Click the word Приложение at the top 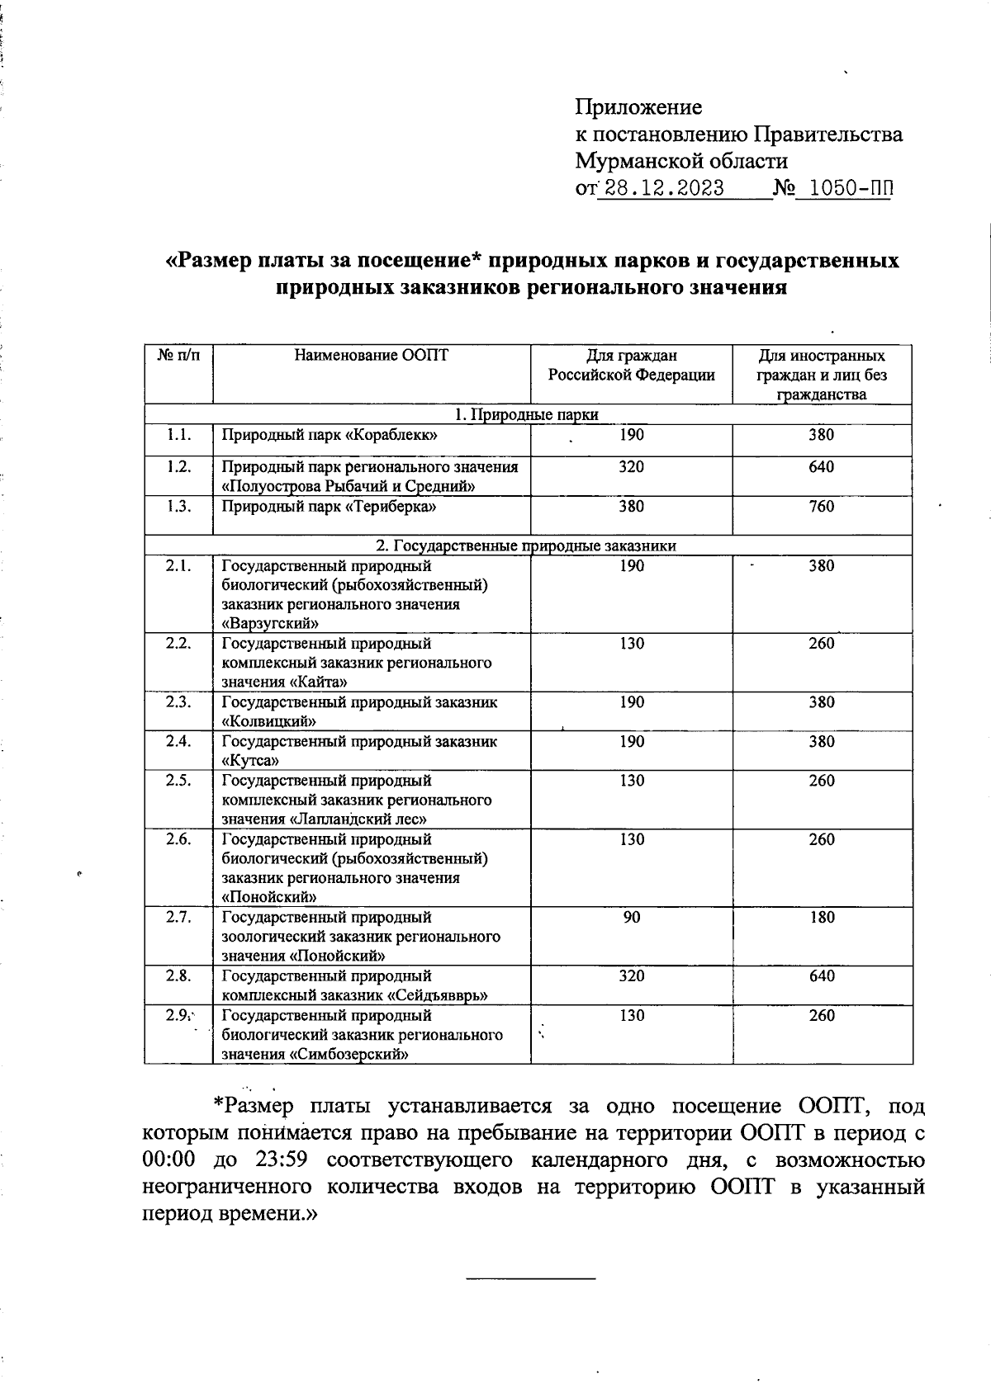[x=638, y=107]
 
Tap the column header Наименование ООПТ [x=371, y=356]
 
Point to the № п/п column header [x=178, y=356]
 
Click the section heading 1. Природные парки [x=527, y=414]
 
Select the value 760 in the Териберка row [x=821, y=506]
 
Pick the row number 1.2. [x=178, y=467]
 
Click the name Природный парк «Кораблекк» [x=329, y=435]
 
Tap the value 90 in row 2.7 [x=632, y=917]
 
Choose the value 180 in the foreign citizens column [x=821, y=917]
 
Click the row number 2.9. [x=178, y=1015]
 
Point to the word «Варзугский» [x=269, y=624]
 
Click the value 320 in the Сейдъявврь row [x=632, y=976]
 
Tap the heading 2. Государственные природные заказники [x=527, y=546]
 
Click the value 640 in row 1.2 [x=821, y=467]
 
